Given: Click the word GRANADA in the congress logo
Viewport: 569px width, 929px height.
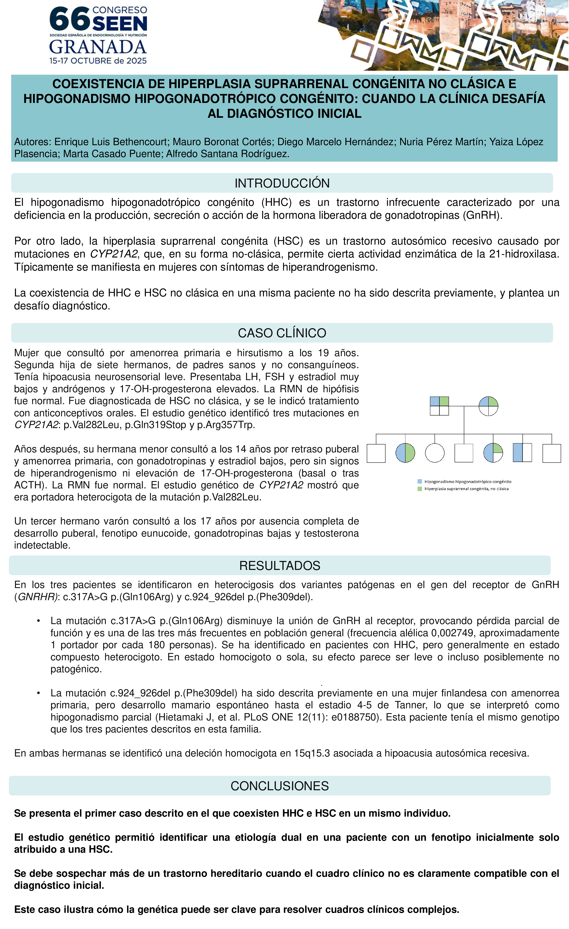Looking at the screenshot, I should point(98,47).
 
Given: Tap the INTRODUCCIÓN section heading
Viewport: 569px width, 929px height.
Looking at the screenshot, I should point(282,183).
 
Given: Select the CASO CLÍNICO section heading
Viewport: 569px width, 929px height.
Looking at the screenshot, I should point(282,333).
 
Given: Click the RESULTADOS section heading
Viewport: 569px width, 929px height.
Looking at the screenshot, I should point(280,565).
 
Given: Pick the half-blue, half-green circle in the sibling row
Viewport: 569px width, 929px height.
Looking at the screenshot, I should point(405,453).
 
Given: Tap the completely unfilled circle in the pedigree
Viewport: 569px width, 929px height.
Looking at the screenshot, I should point(435,453).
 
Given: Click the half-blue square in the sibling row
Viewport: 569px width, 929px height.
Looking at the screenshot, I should point(522,453).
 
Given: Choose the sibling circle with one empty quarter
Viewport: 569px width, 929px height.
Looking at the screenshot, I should point(493,453).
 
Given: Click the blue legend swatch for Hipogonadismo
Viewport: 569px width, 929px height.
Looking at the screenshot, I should point(420,481).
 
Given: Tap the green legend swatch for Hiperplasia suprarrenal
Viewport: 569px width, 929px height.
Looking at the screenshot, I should point(420,489).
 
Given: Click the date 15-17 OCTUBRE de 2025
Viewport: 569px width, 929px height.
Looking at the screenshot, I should point(98,61).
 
